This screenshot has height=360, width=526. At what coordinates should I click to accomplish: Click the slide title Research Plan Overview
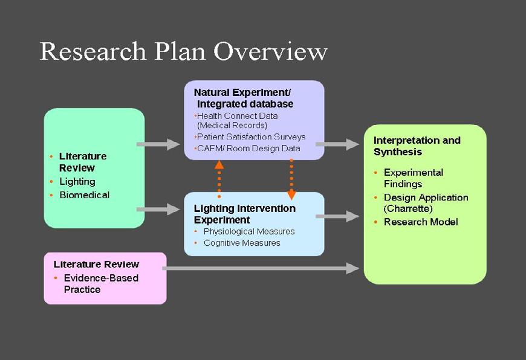(183, 51)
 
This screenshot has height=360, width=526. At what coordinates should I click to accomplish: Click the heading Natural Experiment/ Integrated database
(243, 98)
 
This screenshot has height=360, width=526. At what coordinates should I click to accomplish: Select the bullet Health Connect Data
(237, 116)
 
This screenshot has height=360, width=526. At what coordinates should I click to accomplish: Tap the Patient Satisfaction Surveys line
(252, 137)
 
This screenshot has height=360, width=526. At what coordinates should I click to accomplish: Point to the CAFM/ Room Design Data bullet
(248, 148)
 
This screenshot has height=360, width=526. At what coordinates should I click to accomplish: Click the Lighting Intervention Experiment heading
(244, 214)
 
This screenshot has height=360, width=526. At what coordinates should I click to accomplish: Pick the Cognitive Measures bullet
(242, 243)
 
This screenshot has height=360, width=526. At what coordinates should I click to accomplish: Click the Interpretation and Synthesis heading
(417, 146)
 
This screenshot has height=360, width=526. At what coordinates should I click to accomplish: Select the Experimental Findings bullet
(413, 178)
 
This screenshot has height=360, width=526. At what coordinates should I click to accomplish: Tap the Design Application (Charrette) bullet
(426, 202)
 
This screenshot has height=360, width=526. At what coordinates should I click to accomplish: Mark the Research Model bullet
(421, 222)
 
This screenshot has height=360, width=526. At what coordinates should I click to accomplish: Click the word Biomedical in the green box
(85, 194)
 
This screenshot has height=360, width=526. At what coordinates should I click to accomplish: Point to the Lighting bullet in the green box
(77, 181)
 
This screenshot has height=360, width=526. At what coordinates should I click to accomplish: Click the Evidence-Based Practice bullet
(100, 283)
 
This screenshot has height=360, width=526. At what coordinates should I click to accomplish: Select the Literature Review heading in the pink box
(96, 264)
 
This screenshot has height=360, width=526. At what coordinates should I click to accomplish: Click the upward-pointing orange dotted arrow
(219, 179)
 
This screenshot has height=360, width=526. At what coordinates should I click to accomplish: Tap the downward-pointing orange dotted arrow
(291, 179)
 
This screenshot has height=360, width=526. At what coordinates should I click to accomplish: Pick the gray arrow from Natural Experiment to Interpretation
(345, 144)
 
